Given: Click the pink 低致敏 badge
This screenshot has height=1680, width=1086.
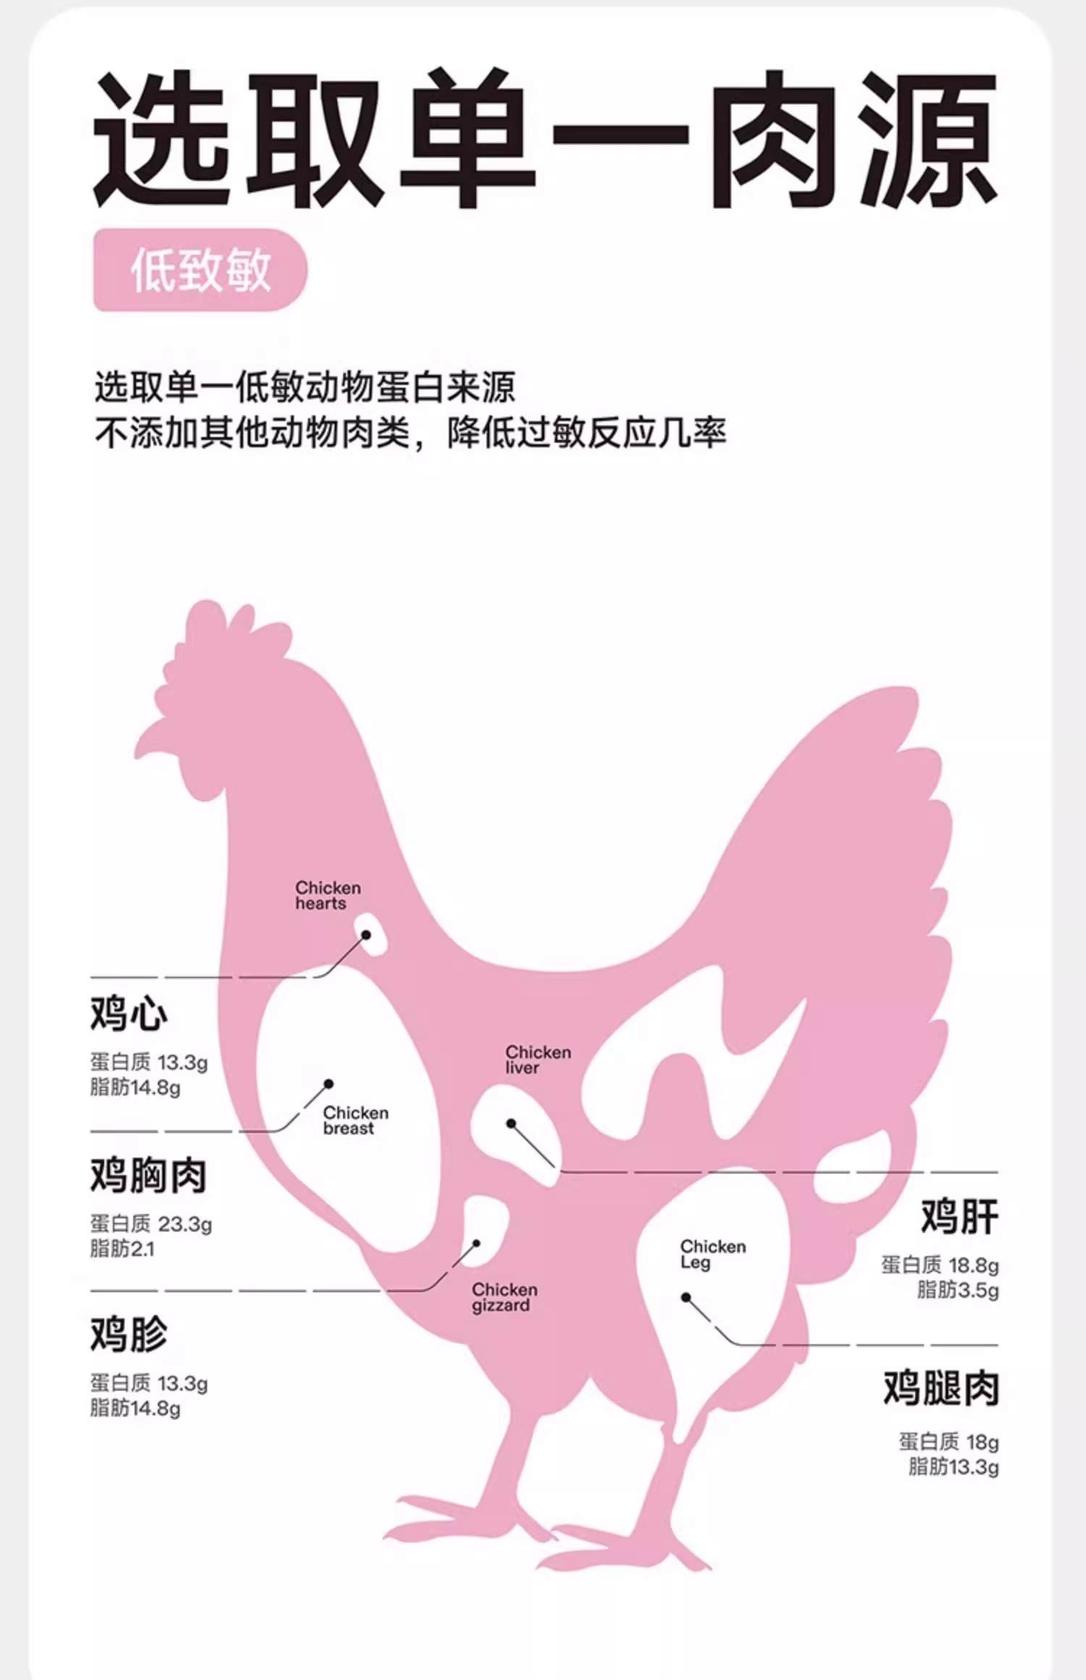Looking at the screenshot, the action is pyautogui.click(x=200, y=270).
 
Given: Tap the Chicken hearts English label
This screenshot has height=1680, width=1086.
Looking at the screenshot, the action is pyautogui.click(x=327, y=895).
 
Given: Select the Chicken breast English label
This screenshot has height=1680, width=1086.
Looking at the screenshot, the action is pyautogui.click(x=355, y=1120).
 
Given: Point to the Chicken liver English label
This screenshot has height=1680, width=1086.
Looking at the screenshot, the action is pyautogui.click(x=538, y=1059).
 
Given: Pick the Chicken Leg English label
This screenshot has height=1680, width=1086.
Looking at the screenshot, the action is pyautogui.click(x=712, y=1254).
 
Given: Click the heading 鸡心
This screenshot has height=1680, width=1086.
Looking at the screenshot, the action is pyautogui.click(x=129, y=1012).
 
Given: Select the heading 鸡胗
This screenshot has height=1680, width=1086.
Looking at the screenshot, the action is pyautogui.click(x=129, y=1333).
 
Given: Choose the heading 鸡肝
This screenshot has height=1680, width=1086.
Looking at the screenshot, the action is pyautogui.click(x=959, y=1216).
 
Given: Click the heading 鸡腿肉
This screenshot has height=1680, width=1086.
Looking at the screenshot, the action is pyautogui.click(x=940, y=1388).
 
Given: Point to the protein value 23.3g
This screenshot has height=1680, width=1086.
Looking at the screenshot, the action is pyautogui.click(x=185, y=1224).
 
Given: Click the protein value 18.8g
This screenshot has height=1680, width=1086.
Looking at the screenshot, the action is pyautogui.click(x=973, y=1265).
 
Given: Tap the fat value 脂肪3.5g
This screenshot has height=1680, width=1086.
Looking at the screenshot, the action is pyautogui.click(x=957, y=1290).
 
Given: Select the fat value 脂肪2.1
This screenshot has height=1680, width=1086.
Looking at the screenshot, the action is pyautogui.click(x=122, y=1249).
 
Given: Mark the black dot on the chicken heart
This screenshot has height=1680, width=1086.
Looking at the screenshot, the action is pyautogui.click(x=366, y=935).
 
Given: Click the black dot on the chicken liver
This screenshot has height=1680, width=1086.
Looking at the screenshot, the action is pyautogui.click(x=511, y=1124).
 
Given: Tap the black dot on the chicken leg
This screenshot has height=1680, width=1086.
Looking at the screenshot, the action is pyautogui.click(x=686, y=1297).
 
